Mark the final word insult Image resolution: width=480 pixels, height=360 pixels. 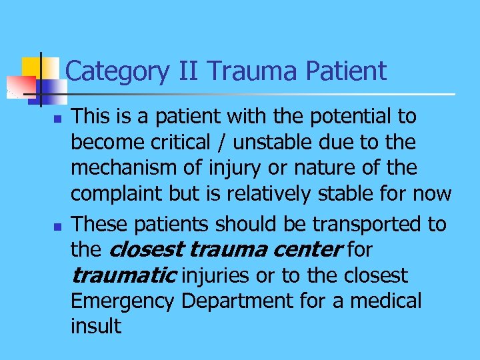[96, 326]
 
